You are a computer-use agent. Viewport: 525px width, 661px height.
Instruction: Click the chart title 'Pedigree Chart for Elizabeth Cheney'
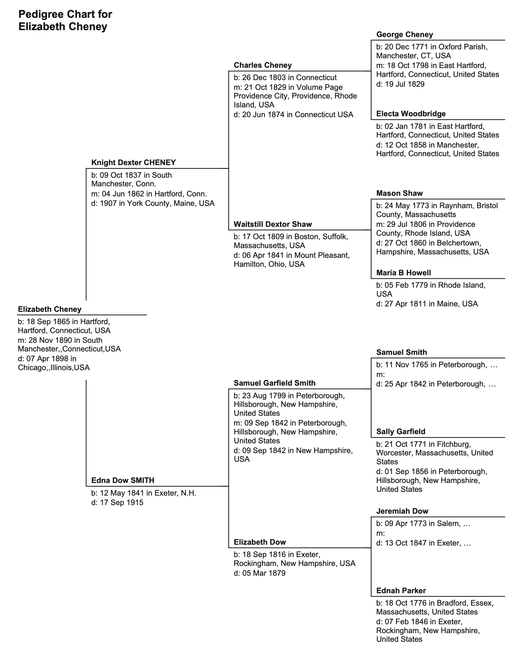(65, 20)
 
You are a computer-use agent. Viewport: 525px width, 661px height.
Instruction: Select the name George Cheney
(404, 34)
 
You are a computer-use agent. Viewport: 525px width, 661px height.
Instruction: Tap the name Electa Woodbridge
(411, 114)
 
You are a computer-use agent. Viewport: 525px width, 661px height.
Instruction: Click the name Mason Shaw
(399, 193)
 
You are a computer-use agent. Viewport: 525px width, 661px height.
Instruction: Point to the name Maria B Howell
(403, 272)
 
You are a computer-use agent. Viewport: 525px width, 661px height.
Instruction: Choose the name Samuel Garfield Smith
(274, 383)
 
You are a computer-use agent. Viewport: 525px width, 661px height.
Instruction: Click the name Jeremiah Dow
(402, 511)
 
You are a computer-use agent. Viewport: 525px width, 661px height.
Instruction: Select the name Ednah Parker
(401, 590)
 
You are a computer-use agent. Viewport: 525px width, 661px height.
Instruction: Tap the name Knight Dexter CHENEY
(133, 163)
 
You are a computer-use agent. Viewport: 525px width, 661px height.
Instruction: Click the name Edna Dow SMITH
(123, 480)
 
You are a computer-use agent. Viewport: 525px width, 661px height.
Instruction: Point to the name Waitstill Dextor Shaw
(273, 224)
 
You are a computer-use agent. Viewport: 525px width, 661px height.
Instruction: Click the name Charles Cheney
(262, 65)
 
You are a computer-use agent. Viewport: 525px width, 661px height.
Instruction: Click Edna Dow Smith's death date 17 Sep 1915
(121, 502)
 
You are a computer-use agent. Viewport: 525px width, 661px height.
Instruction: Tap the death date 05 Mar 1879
(264, 573)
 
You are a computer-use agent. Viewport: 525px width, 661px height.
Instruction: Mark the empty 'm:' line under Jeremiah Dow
(380, 533)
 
